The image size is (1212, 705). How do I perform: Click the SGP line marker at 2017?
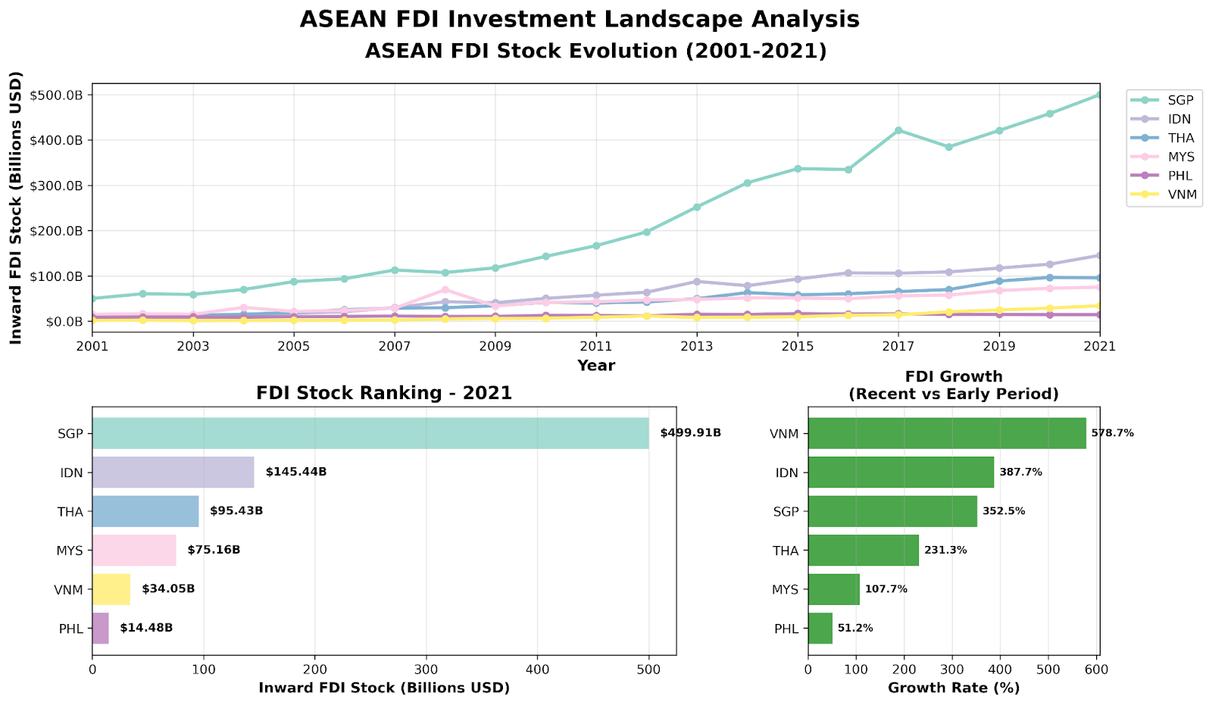coord(898,130)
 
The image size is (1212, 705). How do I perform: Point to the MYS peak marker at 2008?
coord(445,290)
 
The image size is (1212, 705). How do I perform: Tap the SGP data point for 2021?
coord(1099,95)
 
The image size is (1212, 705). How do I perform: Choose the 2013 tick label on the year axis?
coord(697,346)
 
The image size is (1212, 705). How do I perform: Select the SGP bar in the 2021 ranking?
coord(370,433)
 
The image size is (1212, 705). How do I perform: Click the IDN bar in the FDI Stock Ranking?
coord(173,472)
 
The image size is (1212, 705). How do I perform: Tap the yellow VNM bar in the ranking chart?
coord(111,589)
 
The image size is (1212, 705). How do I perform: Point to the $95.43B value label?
coord(236,511)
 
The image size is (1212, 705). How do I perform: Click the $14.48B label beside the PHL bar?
coord(146,628)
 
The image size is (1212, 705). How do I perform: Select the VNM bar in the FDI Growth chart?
coord(947,433)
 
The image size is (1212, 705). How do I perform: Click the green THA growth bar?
coord(864,550)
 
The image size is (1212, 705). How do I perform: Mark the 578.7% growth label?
coord(1112,433)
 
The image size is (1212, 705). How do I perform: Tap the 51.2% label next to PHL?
coord(855,628)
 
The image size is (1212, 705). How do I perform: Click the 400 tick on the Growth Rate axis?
coord(1000,670)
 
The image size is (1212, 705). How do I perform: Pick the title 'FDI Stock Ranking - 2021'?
coord(384,393)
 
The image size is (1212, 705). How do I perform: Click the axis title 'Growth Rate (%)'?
coord(954,688)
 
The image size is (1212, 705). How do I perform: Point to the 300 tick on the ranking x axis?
coord(426,670)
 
